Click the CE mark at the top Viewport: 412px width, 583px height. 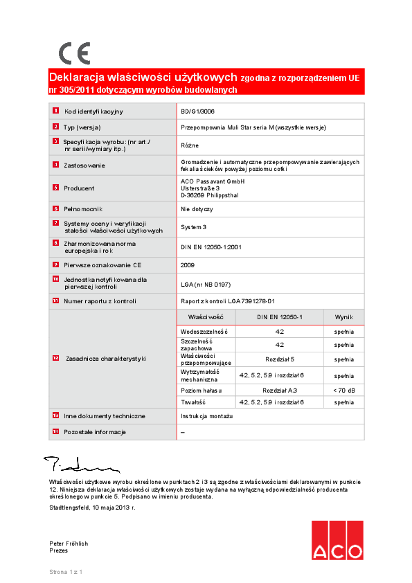pyautogui.click(x=74, y=53)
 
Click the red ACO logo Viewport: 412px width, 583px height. pyautogui.click(x=337, y=540)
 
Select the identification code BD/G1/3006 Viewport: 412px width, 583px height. pyautogui.click(x=197, y=111)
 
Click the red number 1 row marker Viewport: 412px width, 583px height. pyautogui.click(x=55, y=111)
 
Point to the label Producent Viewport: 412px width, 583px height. pyautogui.click(x=79, y=188)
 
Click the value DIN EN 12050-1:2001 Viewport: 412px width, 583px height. pyautogui.click(x=211, y=246)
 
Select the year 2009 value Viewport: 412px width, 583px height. pyautogui.click(x=188, y=264)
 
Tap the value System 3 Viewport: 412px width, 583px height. pyautogui.click(x=193, y=227)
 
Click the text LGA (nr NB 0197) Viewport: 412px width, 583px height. pyautogui.click(x=206, y=284)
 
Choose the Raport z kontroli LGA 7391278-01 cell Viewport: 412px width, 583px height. pyautogui.click(x=228, y=301)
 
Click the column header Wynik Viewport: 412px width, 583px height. pyautogui.click(x=343, y=316)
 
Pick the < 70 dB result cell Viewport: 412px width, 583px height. pyautogui.click(x=343, y=391)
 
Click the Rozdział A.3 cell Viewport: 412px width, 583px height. pyautogui.click(x=280, y=391)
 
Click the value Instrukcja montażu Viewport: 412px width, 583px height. pyautogui.click(x=207, y=416)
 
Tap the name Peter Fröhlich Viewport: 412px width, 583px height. pyautogui.click(x=69, y=544)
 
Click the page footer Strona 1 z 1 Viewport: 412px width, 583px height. pyautogui.click(x=66, y=572)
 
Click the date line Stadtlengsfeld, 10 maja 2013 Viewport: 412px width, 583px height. pyautogui.click(x=92, y=508)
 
